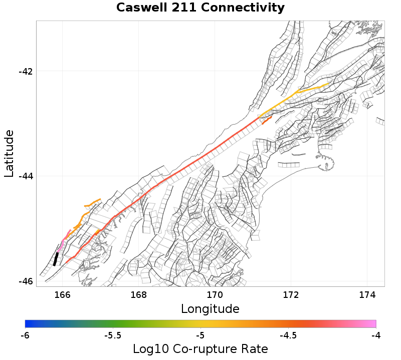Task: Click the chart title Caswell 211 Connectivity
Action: point(200,8)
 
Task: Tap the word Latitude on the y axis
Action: point(9,153)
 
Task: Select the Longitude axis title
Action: point(210,308)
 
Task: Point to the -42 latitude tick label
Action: point(26,71)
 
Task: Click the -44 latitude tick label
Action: point(26,176)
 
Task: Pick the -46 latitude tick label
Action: point(26,281)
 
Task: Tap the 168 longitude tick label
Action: point(139,294)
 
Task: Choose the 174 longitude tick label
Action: point(367,294)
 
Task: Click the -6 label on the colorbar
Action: point(25,335)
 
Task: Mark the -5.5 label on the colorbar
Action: point(112,335)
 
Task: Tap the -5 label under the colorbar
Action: point(200,335)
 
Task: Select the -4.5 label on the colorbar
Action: point(288,335)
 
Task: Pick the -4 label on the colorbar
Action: point(375,335)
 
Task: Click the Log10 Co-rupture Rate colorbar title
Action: point(200,349)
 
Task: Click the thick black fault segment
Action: point(56,259)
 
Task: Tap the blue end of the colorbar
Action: point(28,323)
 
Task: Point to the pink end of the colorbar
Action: point(373,323)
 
